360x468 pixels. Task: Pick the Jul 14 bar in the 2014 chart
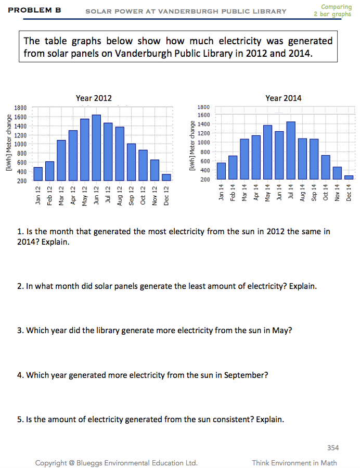click(x=291, y=150)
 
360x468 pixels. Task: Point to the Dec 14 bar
click(x=349, y=177)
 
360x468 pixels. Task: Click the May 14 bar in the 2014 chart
click(x=268, y=152)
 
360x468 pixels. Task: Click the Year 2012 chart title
click(x=94, y=98)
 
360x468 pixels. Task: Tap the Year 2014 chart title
click(x=283, y=98)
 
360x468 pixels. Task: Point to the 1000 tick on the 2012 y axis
click(x=20, y=144)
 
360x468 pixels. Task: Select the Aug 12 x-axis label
click(x=120, y=195)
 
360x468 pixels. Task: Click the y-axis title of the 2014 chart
click(x=192, y=146)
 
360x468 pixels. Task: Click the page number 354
click(x=333, y=447)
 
